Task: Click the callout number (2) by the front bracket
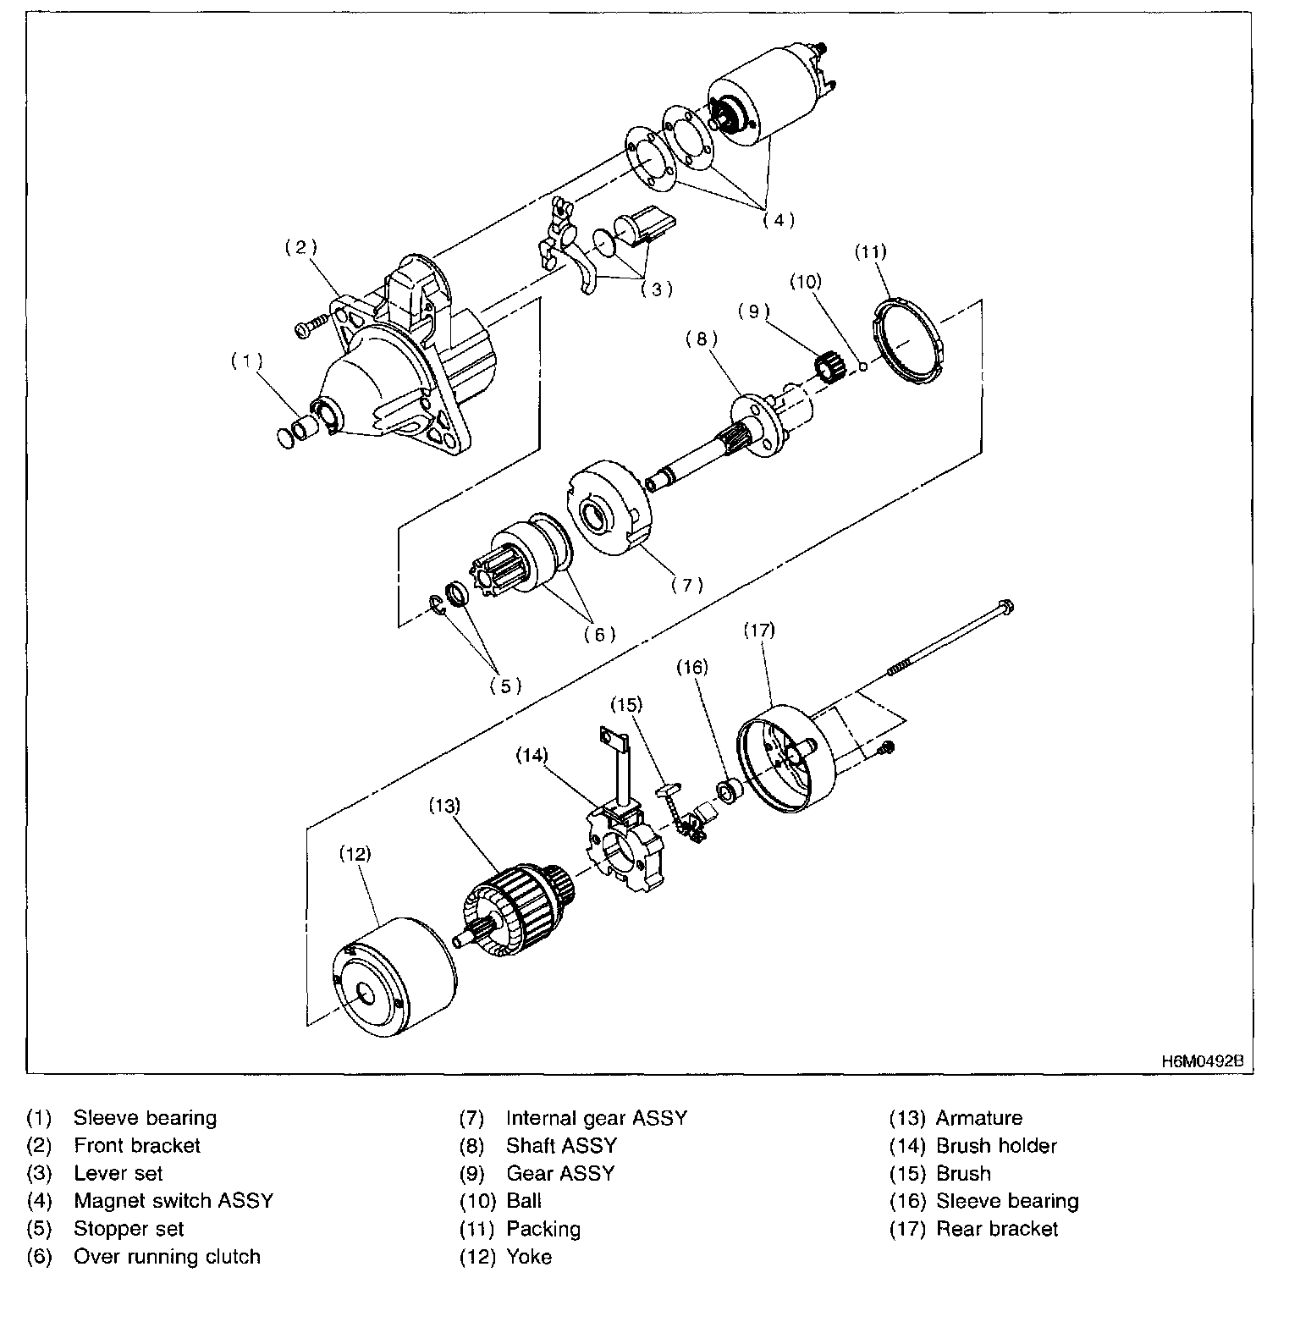click(300, 247)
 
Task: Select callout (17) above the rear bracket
click(759, 631)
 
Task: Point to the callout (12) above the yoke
click(355, 854)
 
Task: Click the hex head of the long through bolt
click(1005, 606)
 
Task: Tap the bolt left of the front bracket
click(311, 326)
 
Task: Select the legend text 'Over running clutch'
click(167, 1256)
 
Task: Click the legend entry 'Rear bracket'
click(996, 1228)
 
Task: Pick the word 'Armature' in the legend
click(978, 1117)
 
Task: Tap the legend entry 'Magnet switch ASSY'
click(174, 1200)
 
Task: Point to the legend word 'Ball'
click(524, 1200)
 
